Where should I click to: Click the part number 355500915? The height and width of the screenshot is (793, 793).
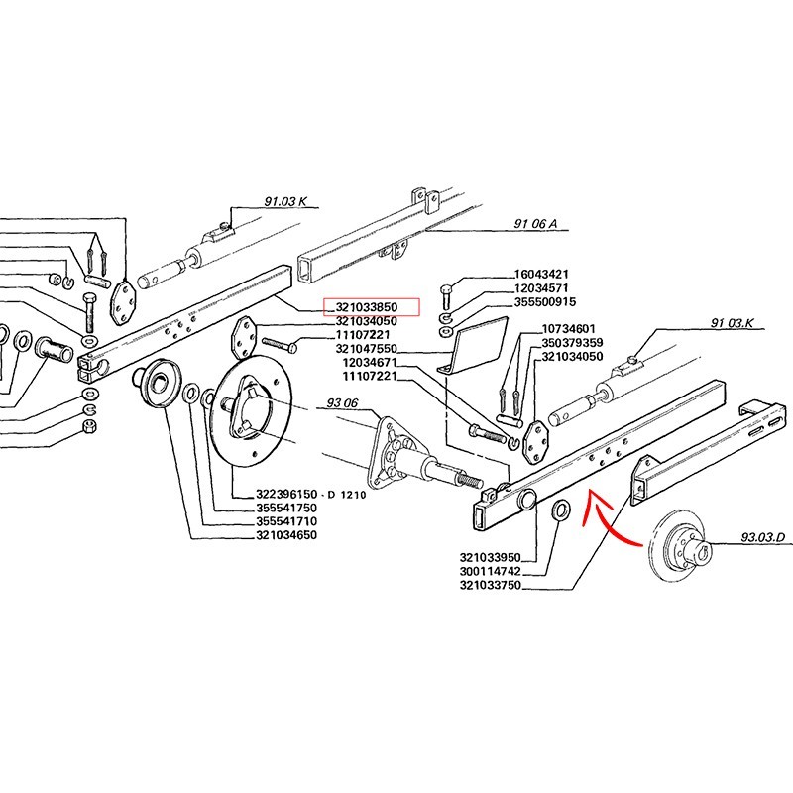tap(547, 301)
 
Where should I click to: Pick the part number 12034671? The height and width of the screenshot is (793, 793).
tap(376, 364)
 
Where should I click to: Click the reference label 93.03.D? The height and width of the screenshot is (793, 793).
tap(762, 540)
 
